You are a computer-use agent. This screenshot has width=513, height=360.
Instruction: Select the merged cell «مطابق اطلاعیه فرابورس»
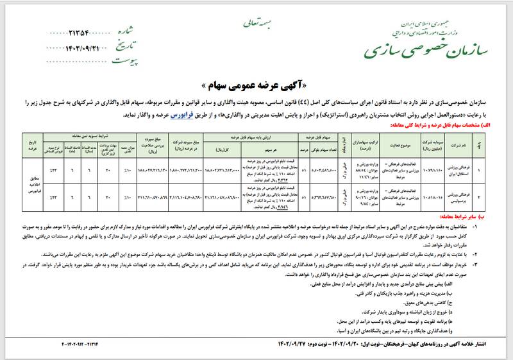33,180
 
